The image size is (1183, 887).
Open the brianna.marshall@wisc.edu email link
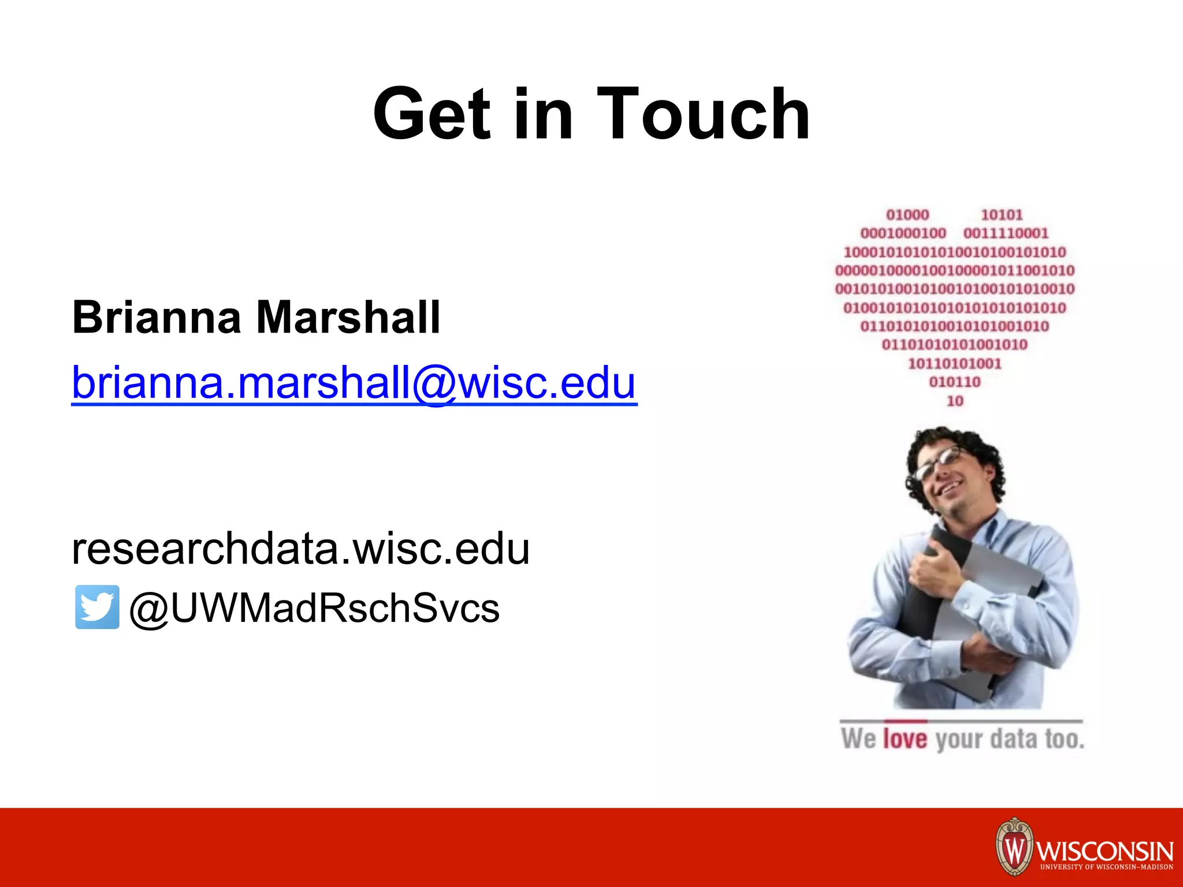354,382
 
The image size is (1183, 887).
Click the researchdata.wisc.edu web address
300,548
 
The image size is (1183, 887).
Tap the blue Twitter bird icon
97,607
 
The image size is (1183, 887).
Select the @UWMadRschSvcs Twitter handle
314,608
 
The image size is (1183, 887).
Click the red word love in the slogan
905,739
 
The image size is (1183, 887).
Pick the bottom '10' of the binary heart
955,401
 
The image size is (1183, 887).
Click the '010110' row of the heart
955,382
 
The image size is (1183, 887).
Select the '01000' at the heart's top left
907,215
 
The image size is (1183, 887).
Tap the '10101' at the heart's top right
1002,215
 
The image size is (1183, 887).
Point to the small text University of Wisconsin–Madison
1106,867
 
